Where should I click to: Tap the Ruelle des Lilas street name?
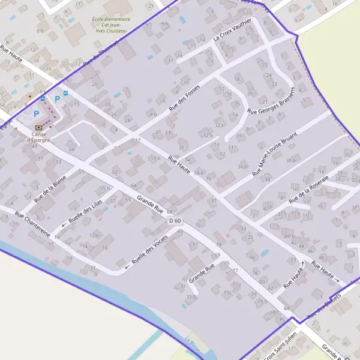(x=85, y=211)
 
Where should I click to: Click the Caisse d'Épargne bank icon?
(x=40, y=127)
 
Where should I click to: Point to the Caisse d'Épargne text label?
(x=40, y=137)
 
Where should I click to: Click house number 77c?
(x=227, y=292)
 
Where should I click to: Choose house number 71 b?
(x=191, y=296)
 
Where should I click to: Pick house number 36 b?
(x=242, y=166)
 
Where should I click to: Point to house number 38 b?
(x=292, y=160)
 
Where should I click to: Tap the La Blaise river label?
(x=192, y=344)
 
